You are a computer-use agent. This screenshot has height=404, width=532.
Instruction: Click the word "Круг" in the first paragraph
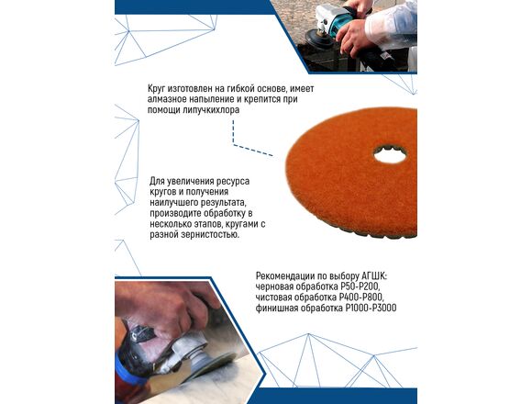click(157, 89)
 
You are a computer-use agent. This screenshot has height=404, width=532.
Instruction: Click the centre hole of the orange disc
click(390, 156)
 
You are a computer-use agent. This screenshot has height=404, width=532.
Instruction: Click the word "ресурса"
click(233, 181)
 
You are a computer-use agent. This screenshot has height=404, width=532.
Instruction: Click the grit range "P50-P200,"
click(360, 286)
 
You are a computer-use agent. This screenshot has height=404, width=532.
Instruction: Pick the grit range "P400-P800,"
click(362, 297)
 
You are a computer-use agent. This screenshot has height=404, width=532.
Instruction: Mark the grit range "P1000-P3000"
click(371, 309)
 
